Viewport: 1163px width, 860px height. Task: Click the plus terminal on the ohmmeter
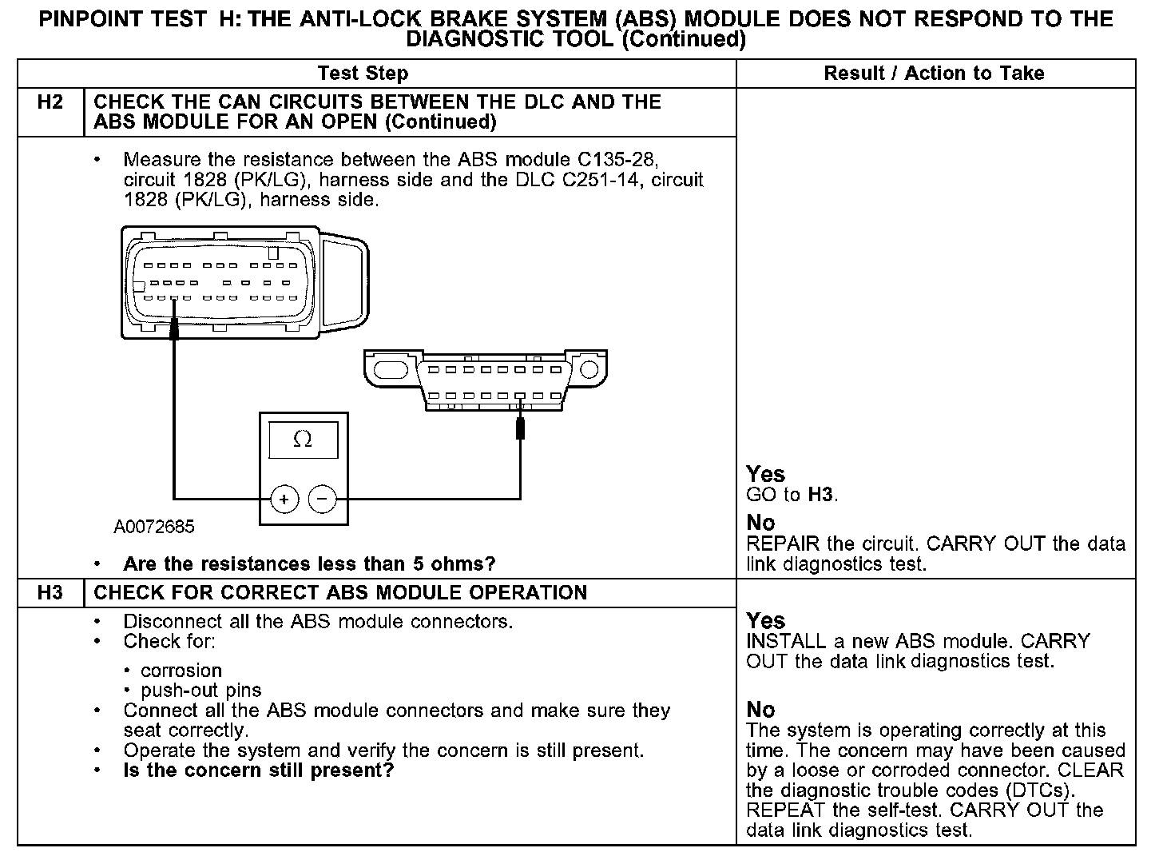(284, 499)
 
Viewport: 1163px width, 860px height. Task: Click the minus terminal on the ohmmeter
(323, 499)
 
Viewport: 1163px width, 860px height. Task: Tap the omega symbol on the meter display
(303, 439)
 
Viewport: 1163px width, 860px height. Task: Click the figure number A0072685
(153, 526)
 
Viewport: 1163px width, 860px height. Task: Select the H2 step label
(50, 102)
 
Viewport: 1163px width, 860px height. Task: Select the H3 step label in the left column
(50, 593)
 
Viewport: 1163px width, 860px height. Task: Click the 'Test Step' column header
(363, 74)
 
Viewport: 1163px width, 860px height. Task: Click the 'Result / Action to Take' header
(934, 73)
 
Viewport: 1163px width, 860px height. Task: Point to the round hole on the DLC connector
(589, 369)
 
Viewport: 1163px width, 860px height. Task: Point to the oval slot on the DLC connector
(391, 370)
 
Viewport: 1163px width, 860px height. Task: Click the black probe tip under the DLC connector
(520, 428)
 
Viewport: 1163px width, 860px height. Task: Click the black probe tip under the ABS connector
(174, 329)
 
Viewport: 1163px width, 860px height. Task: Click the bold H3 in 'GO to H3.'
(820, 494)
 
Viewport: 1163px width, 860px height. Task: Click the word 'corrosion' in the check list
(181, 671)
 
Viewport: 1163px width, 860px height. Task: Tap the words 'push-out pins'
(200, 691)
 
